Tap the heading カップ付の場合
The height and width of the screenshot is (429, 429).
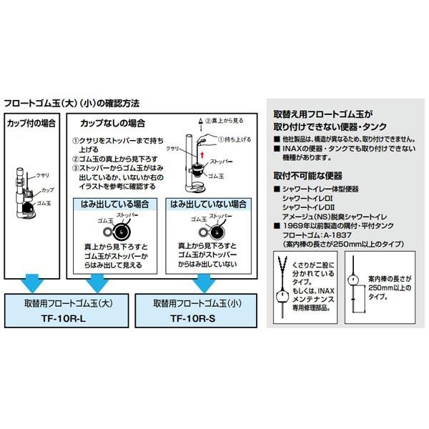[x=31, y=123]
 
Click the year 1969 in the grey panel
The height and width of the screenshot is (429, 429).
[x=292, y=225]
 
